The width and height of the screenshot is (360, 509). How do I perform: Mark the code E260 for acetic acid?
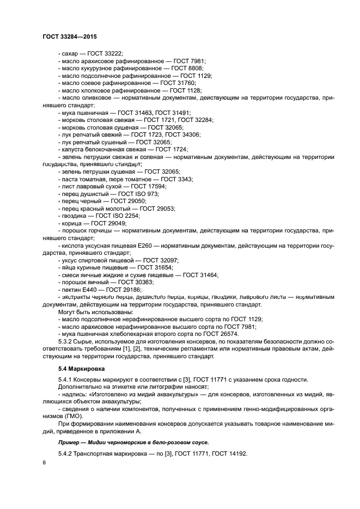[145, 246]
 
